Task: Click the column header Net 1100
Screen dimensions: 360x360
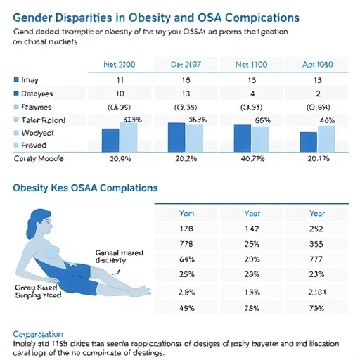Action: click(x=252, y=63)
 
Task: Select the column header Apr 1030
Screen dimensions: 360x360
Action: click(x=317, y=63)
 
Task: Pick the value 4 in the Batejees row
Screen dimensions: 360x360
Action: click(x=252, y=94)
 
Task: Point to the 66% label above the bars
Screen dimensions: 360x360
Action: click(x=262, y=120)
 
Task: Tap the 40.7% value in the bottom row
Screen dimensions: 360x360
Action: click(x=252, y=159)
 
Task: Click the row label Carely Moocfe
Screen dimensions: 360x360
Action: click(x=39, y=159)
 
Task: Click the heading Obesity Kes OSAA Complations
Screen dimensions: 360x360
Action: click(x=85, y=188)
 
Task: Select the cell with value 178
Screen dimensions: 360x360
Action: click(x=186, y=229)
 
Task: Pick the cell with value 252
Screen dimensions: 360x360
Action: click(x=315, y=229)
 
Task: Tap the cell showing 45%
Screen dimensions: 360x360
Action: click(x=186, y=307)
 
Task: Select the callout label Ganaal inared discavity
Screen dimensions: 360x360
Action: click(x=112, y=255)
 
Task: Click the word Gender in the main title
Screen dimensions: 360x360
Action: click(x=35, y=18)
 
